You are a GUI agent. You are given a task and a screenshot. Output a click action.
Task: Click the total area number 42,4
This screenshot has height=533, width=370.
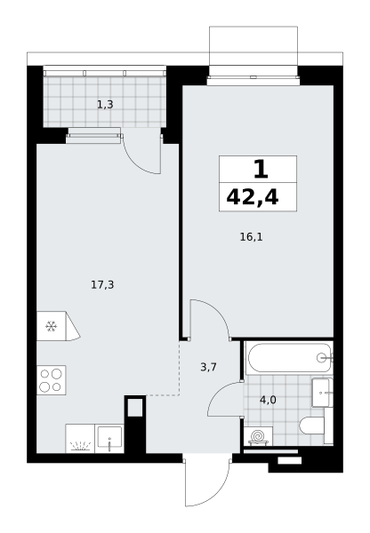click(253, 198)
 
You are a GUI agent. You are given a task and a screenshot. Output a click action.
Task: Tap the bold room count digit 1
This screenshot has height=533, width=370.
click(261, 170)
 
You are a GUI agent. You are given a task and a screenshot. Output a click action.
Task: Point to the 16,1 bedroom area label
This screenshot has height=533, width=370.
click(251, 237)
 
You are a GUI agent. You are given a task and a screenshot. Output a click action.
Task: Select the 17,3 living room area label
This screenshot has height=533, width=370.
click(102, 284)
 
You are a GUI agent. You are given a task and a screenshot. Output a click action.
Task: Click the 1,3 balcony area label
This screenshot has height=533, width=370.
click(105, 105)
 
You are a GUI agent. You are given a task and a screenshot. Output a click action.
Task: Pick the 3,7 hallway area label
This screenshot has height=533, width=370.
click(208, 367)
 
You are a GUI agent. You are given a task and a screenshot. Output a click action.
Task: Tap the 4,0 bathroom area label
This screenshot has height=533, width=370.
click(268, 400)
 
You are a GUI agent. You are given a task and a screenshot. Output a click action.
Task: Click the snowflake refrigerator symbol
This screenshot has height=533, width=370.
click(51, 326)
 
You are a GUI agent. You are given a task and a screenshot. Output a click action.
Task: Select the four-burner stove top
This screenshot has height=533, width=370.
click(51, 380)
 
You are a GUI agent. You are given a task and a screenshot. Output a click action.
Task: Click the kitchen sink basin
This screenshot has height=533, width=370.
click(109, 437)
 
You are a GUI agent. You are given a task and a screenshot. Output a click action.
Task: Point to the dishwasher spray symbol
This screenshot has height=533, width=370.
click(80, 446)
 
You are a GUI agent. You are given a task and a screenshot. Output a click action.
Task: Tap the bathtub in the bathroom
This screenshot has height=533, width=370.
click(289, 358)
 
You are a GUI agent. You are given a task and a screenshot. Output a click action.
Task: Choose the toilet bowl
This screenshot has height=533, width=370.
click(312, 426)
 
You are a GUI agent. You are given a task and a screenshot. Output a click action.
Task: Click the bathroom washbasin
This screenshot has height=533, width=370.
click(322, 393)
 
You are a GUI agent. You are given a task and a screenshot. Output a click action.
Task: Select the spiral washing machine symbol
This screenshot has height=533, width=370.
click(258, 436)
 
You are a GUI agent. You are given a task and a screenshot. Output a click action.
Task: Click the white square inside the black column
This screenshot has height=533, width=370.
click(135, 407)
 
